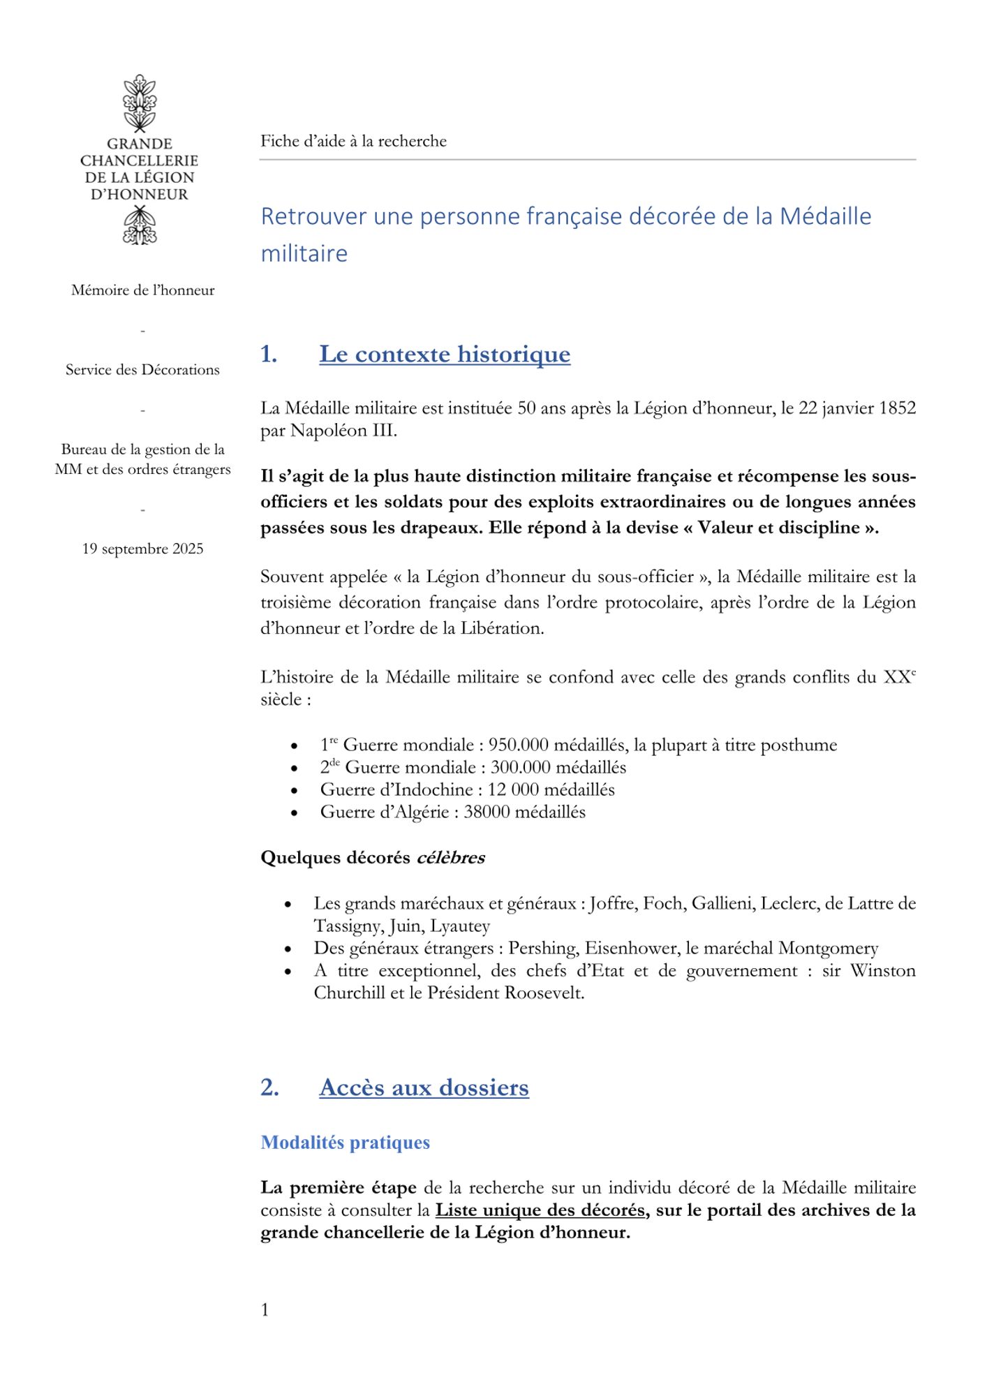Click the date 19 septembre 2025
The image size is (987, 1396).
pos(142,549)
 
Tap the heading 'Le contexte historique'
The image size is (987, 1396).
pos(445,354)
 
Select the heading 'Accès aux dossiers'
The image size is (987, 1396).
pos(424,1087)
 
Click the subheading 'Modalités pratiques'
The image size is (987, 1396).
pos(345,1143)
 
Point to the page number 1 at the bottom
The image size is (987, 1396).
pos(265,1310)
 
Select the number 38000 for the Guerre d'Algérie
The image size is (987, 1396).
pos(488,812)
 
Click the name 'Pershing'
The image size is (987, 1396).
pos(542,948)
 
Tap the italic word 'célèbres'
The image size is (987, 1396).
pos(450,858)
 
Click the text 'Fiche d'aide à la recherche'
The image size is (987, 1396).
pos(353,141)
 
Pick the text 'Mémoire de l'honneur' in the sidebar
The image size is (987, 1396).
pos(142,290)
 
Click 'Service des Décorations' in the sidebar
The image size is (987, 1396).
pos(142,370)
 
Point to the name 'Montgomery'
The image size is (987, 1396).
pos(828,948)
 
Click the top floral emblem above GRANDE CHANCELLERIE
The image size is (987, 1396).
pos(140,103)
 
